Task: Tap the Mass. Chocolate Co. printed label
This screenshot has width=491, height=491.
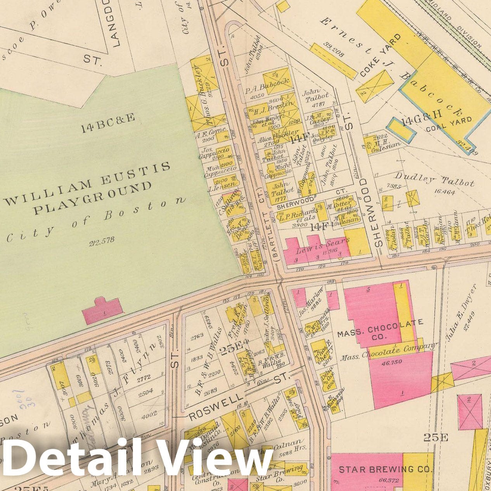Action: pos(380,329)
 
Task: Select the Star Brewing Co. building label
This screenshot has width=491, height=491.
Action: pos(385,469)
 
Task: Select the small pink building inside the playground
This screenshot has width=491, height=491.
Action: pos(102,310)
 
